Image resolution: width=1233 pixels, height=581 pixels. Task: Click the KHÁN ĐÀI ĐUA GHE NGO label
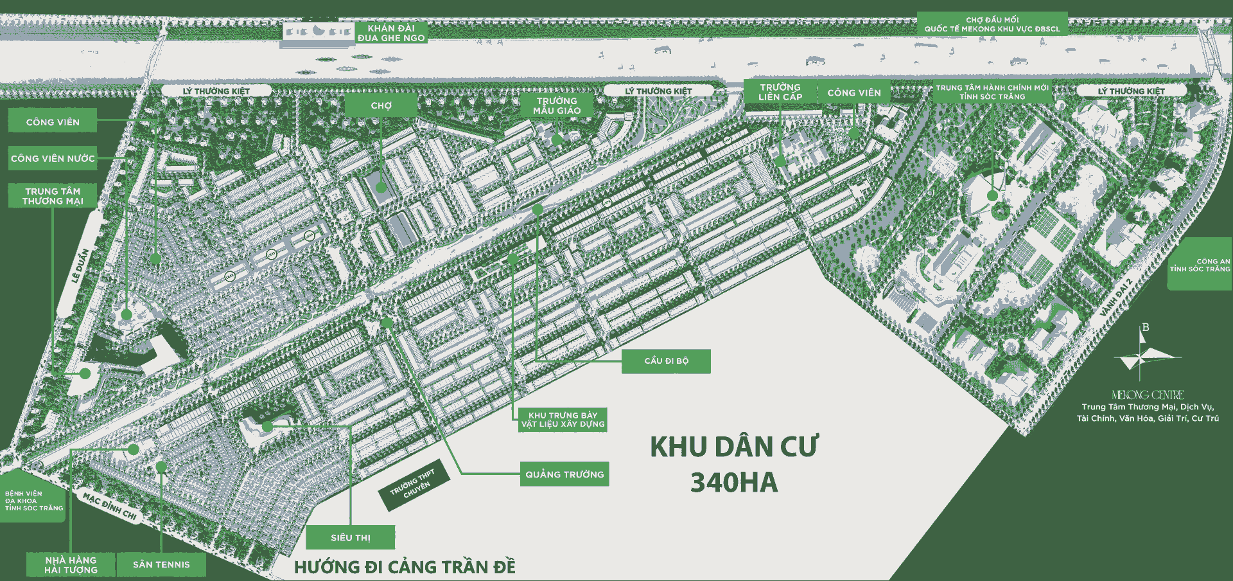(x=391, y=33)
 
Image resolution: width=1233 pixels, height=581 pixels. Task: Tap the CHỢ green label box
(x=381, y=105)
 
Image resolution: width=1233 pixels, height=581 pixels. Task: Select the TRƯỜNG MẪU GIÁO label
(x=557, y=105)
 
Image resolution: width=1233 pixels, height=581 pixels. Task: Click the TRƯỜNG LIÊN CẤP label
(x=780, y=92)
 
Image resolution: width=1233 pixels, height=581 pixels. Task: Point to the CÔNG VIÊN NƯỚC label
(x=53, y=158)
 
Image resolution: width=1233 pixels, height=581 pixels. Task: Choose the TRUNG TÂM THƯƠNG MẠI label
(x=53, y=196)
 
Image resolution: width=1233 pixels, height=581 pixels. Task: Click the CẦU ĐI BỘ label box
(x=666, y=361)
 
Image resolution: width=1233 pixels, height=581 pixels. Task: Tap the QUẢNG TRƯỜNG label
(x=564, y=474)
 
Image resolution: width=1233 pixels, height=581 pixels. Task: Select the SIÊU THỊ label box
(x=350, y=537)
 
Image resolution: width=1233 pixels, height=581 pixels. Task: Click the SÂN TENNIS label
(x=161, y=564)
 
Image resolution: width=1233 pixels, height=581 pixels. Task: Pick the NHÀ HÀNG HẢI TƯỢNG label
(x=71, y=565)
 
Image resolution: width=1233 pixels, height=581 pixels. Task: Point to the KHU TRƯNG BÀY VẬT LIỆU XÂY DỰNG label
(x=563, y=420)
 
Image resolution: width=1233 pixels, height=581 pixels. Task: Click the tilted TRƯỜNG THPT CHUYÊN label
(x=415, y=485)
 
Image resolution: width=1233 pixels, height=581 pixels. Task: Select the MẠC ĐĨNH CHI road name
(x=110, y=507)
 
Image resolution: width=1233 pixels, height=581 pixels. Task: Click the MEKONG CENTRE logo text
(x=1148, y=395)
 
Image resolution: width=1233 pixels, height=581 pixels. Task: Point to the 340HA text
(x=733, y=483)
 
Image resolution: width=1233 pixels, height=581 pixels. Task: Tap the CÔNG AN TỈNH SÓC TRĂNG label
(x=1200, y=265)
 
